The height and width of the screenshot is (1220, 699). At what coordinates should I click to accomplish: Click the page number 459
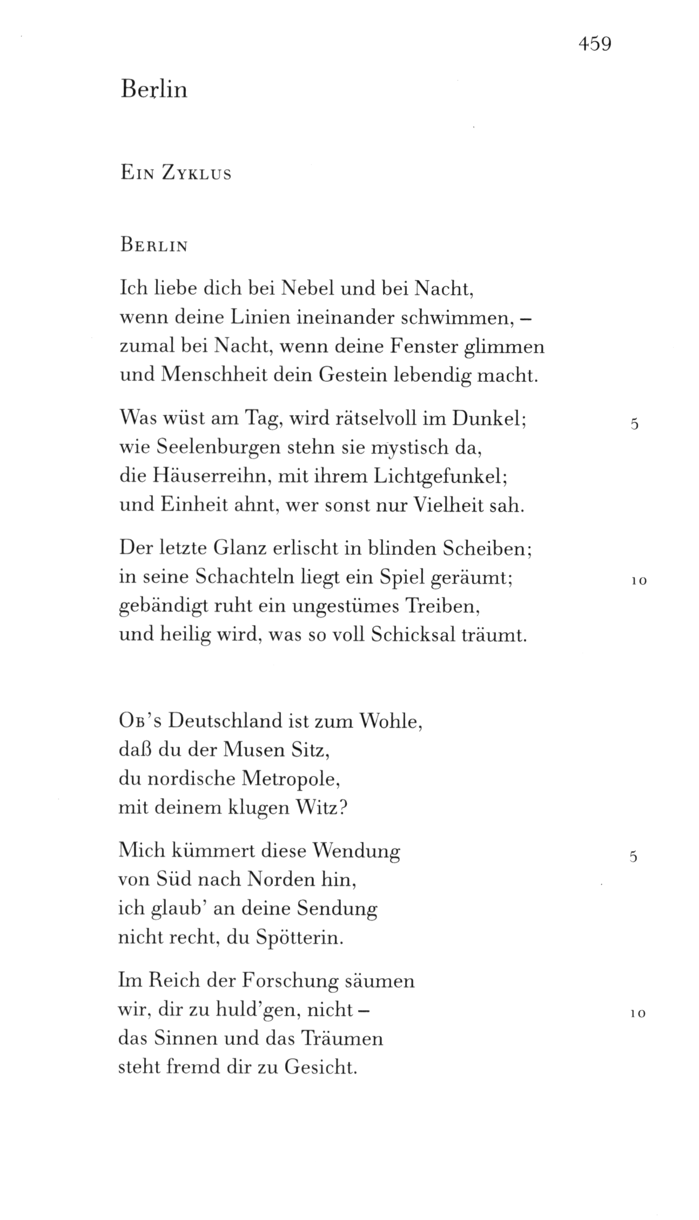(594, 43)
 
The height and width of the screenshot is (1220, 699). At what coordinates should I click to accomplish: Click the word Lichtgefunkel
(438, 477)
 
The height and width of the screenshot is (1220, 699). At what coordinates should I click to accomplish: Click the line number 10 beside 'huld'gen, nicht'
(638, 1014)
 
